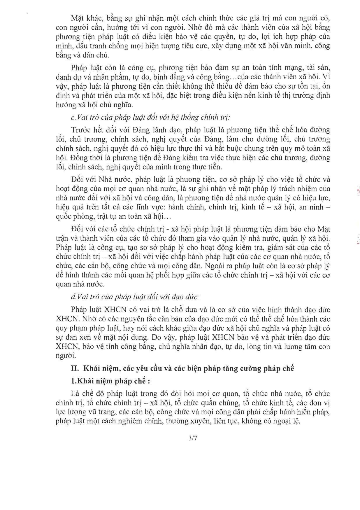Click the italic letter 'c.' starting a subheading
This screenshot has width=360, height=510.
pos(73,118)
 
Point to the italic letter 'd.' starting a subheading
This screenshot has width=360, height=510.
pos(73,297)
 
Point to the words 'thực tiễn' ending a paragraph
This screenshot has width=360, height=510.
pos(209,167)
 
